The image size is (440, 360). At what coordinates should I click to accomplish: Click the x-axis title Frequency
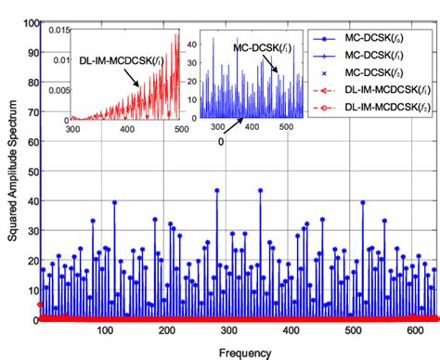pyautogui.click(x=239, y=352)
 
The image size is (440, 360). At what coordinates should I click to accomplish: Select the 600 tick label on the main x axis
pyautogui.click(x=399, y=332)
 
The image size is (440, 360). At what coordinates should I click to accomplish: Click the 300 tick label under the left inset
pyautogui.click(x=73, y=128)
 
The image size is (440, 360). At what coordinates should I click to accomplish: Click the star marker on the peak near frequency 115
pyautogui.click(x=114, y=202)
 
